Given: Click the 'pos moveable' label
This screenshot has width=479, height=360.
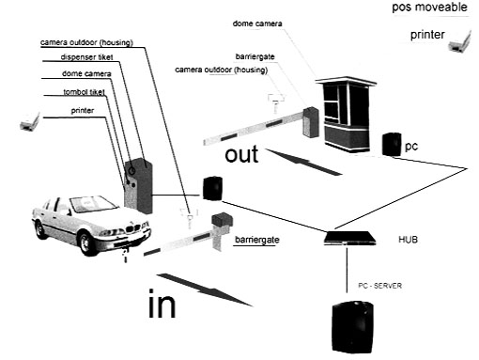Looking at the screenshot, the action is (429, 7).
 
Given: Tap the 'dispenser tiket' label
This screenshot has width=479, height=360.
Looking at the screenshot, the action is (86, 57).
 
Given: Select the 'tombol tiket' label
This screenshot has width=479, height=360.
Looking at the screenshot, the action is (84, 92).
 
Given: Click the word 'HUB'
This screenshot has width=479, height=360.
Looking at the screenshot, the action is (408, 240).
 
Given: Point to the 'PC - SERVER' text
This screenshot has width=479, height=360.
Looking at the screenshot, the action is (379, 286).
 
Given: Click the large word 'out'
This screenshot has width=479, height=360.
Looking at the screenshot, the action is (241, 154).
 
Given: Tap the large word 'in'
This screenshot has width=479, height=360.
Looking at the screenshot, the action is (162, 304).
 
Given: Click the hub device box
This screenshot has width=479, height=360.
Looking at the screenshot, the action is (349, 238).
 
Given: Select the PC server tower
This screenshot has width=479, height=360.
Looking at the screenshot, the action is (352, 327).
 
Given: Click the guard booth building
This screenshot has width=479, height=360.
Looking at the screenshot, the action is (347, 114).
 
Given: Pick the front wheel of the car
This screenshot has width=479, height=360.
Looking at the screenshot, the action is (85, 243).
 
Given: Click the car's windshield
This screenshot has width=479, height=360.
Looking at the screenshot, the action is (93, 204).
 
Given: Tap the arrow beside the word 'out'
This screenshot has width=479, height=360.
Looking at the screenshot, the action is (303, 163).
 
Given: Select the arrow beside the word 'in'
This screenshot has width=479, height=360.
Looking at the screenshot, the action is (204, 290).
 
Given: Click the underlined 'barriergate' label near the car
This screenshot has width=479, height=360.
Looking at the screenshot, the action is (257, 240).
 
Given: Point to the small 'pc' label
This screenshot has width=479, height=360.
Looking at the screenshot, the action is (411, 147).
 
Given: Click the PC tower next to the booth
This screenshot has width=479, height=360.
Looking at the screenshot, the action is (392, 144).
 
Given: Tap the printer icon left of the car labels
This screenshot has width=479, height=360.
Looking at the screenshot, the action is (30, 121).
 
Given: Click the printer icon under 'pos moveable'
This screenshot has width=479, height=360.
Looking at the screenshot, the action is (459, 41).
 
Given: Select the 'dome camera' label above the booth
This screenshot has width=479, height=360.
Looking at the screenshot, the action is (257, 23).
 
